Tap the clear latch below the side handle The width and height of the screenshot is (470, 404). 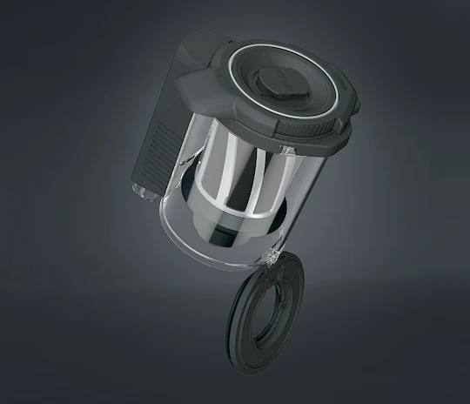click(138, 185)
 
